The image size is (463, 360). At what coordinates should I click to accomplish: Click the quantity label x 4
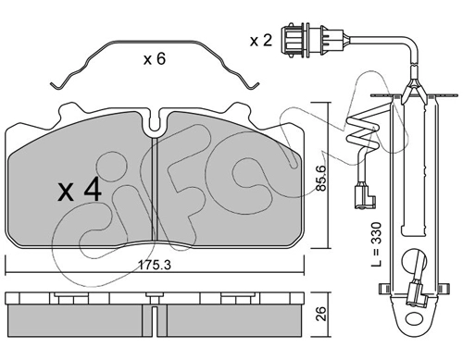pos(80,191)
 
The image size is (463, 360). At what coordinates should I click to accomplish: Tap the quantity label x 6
pos(155,58)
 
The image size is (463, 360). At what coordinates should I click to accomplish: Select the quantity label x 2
pos(261,41)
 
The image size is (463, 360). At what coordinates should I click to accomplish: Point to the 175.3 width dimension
pos(154,265)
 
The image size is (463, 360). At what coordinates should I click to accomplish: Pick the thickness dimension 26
pos(321,314)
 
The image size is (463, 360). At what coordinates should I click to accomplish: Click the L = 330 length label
pos(377,244)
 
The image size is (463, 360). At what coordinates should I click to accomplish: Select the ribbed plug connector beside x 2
pos(312,40)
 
